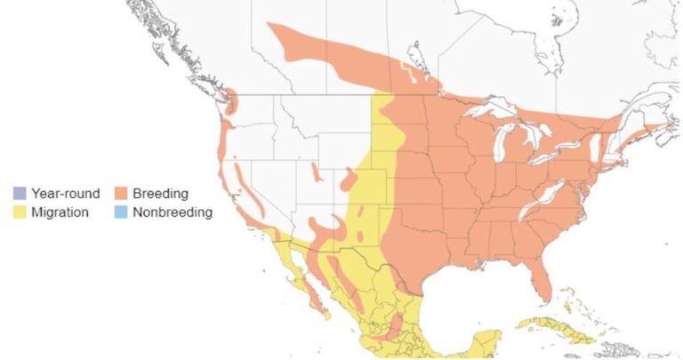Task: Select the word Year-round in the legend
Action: [63, 193]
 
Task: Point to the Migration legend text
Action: [60, 212]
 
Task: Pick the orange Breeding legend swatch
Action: [119, 193]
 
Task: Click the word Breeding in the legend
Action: [161, 193]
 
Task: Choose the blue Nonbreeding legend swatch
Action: [119, 212]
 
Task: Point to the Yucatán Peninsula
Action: [486, 343]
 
